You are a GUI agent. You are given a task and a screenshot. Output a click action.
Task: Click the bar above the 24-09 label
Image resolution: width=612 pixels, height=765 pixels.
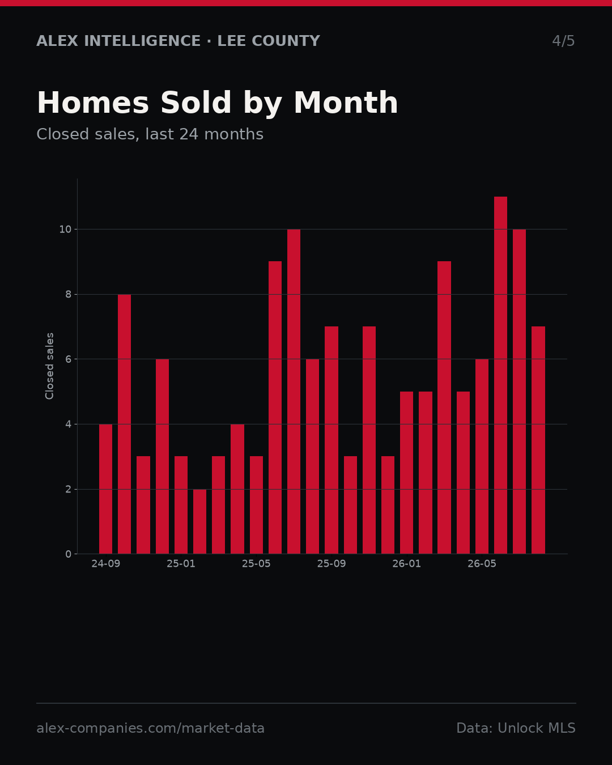click(x=105, y=489)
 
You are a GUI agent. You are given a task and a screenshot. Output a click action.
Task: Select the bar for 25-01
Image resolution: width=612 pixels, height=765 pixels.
click(x=181, y=505)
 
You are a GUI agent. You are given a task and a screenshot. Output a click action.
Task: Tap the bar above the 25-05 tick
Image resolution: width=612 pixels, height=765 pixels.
click(x=256, y=505)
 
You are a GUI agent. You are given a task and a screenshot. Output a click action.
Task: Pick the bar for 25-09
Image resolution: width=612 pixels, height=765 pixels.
click(x=331, y=440)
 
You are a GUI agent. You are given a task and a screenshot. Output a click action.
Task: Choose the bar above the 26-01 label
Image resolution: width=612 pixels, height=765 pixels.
click(x=406, y=473)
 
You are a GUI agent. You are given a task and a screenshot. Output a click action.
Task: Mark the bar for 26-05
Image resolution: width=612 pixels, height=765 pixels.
click(x=482, y=456)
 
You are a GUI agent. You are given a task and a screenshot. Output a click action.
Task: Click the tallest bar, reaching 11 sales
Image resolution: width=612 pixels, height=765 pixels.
click(x=501, y=375)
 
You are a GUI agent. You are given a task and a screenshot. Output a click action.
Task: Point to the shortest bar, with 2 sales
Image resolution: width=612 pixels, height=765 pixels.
click(x=200, y=521)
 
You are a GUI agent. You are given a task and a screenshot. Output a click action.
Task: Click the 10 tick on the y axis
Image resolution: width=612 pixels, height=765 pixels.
click(x=65, y=229)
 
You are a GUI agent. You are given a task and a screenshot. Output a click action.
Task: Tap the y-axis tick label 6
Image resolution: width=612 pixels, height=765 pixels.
click(x=68, y=359)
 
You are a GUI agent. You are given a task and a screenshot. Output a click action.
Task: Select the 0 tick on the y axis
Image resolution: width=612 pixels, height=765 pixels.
click(x=68, y=554)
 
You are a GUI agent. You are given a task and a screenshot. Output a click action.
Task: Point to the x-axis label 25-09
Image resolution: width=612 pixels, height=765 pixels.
click(x=331, y=564)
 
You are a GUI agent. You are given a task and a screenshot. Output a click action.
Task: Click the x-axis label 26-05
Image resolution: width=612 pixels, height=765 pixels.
click(x=482, y=564)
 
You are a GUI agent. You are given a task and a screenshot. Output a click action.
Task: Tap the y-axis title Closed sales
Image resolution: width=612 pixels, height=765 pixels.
click(x=49, y=366)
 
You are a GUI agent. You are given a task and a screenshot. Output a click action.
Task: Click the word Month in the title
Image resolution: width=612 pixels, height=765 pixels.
click(x=346, y=103)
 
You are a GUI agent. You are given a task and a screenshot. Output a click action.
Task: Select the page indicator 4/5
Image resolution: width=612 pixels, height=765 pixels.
click(x=563, y=41)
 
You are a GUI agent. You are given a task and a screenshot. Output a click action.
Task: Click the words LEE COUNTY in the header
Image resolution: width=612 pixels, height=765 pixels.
click(x=269, y=41)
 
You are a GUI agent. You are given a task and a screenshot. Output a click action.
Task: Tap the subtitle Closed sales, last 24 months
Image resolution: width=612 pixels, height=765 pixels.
click(x=150, y=134)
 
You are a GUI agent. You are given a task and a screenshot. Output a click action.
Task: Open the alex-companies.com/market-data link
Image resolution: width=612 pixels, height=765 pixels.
click(x=150, y=728)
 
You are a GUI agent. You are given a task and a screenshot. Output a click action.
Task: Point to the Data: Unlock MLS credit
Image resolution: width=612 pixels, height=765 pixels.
click(x=516, y=728)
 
